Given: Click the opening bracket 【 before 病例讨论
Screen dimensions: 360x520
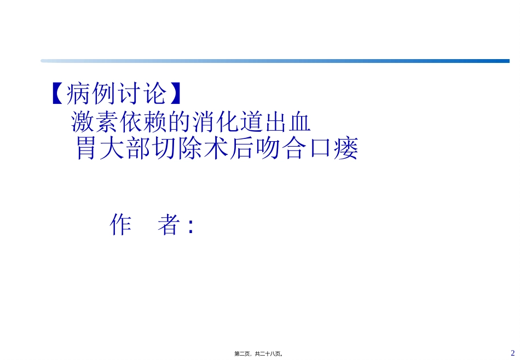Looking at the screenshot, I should pyautogui.click(x=57, y=94).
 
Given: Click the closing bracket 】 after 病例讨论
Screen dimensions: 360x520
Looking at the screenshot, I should pyautogui.click(x=176, y=94).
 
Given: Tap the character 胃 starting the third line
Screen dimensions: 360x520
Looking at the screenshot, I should pyautogui.click(x=86, y=148).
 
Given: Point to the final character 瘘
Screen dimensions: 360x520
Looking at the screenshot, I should pyautogui.click(x=348, y=148).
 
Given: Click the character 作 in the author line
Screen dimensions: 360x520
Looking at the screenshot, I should pyautogui.click(x=121, y=224).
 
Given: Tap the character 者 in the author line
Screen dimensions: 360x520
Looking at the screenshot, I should pyautogui.click(x=169, y=224).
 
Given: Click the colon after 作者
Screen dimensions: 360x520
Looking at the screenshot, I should pyautogui.click(x=190, y=226).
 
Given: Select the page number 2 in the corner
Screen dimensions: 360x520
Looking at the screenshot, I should pyautogui.click(x=512, y=353).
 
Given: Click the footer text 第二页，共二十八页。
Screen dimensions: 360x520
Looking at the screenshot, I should pyautogui.click(x=259, y=354).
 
